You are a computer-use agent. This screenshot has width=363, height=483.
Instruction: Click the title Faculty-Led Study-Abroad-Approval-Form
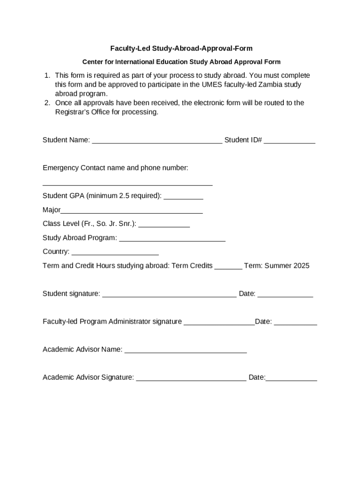[181, 48]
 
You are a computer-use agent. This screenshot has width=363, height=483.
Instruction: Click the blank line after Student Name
[157, 140]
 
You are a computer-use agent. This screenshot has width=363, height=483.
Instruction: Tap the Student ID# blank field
[289, 140]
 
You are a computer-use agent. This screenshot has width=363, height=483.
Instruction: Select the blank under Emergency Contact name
[127, 183]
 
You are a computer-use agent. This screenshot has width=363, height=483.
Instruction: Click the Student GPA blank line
[183, 196]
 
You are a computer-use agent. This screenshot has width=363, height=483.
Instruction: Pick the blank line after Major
[132, 211]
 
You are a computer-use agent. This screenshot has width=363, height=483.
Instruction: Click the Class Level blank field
[164, 225]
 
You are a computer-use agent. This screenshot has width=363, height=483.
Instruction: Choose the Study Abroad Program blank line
[172, 239]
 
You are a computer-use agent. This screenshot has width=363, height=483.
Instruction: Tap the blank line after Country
[115, 252]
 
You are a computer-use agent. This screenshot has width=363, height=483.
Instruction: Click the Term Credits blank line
[228, 266]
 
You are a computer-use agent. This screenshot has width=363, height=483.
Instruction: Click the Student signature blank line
[169, 294]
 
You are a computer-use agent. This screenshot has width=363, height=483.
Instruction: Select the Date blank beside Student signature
[285, 294]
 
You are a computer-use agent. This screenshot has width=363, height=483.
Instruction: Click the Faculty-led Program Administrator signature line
[219, 322]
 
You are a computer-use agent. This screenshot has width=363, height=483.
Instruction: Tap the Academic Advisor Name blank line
[185, 350]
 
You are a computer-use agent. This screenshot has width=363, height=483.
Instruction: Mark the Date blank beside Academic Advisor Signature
[291, 378]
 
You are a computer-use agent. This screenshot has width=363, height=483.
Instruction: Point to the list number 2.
[47, 103]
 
